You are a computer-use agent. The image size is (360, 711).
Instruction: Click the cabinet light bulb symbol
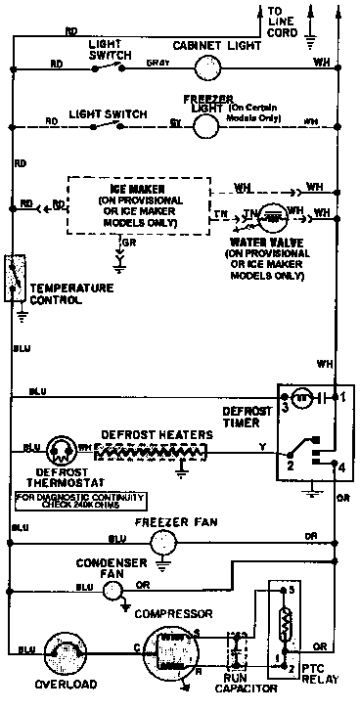pyautogui.click(x=205, y=67)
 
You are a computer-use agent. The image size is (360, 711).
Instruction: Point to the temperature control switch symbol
pyautogui.click(x=16, y=279)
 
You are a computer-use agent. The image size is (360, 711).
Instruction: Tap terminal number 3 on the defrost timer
pyautogui.click(x=285, y=403)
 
